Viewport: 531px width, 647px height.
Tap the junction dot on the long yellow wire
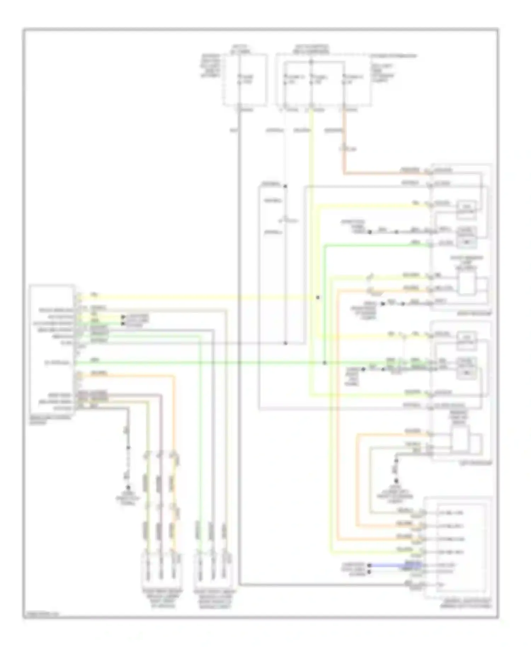click(x=318, y=297)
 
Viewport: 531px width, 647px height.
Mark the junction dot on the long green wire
click(x=324, y=363)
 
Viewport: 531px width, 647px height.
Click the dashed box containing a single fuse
click(x=245, y=80)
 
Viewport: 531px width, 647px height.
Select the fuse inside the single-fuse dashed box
click(x=240, y=80)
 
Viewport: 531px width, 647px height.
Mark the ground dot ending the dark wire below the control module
click(x=128, y=487)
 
